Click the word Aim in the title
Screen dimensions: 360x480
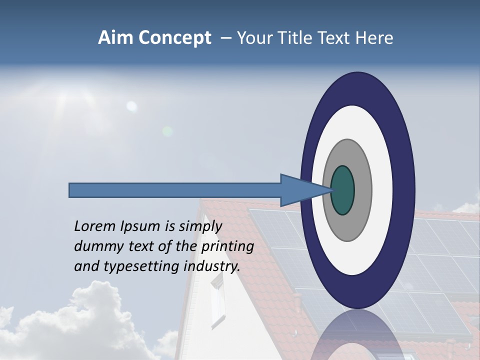[115, 38]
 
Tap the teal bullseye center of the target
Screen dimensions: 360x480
[343, 190]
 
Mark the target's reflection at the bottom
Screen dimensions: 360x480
[357, 337]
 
